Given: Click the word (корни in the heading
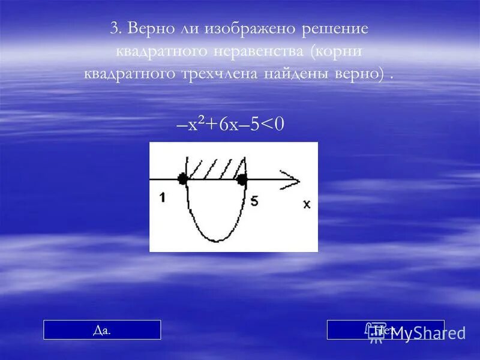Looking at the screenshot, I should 337,51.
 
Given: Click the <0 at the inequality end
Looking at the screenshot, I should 273,125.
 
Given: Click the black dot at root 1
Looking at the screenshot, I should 182,178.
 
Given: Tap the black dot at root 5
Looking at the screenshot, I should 242,179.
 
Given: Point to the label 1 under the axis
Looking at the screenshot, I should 162,197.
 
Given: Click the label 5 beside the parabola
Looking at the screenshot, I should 254,202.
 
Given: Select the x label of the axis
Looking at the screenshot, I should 307,204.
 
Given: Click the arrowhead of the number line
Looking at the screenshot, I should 290,178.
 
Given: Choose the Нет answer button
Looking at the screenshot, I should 385,329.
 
